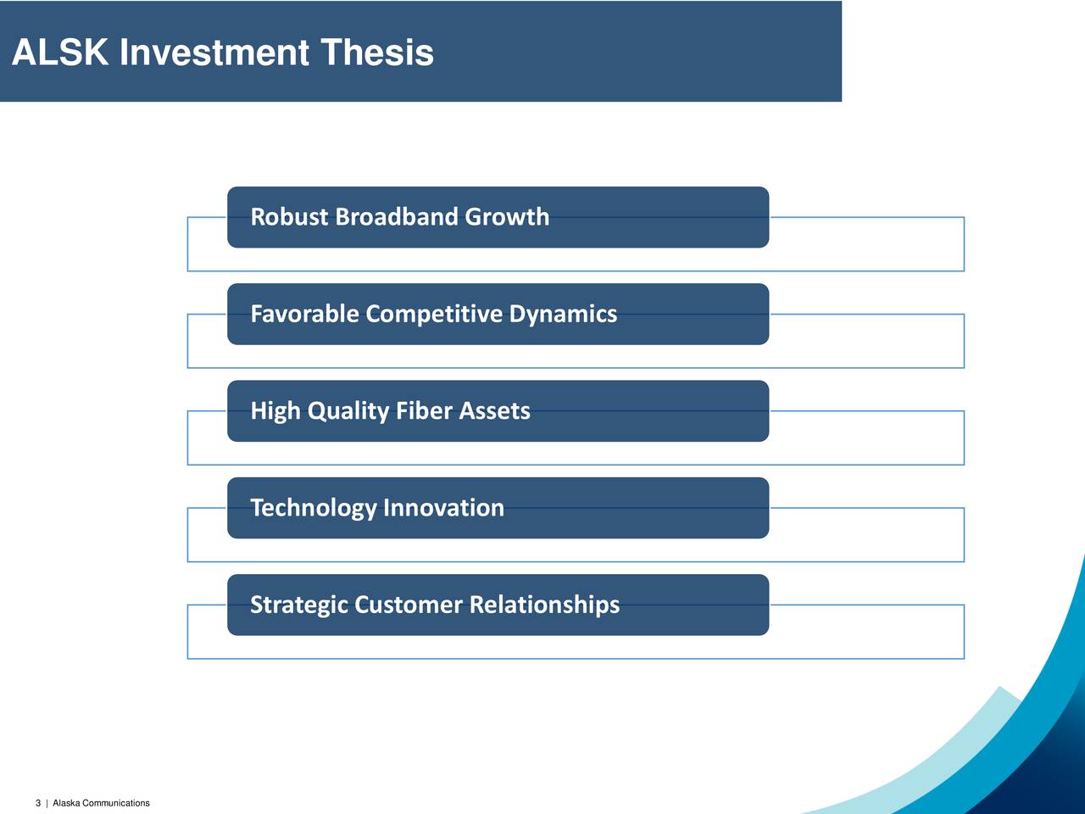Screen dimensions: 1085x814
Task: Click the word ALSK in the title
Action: (x=60, y=52)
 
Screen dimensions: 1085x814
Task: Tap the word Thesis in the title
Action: (x=377, y=52)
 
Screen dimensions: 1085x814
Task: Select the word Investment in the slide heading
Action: (x=214, y=52)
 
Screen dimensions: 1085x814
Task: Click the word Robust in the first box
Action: (x=289, y=216)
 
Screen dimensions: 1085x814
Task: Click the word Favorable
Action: (x=304, y=314)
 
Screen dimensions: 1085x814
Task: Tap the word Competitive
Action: (x=433, y=315)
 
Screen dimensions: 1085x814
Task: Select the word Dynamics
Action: (x=563, y=315)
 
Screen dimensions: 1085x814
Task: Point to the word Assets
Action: (x=494, y=410)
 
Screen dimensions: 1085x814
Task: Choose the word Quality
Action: (x=348, y=411)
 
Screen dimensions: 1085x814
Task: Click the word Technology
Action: (x=314, y=508)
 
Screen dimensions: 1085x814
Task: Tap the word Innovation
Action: (x=444, y=507)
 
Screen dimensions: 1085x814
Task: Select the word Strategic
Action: (x=298, y=605)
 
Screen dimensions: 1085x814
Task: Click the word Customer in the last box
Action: (x=408, y=604)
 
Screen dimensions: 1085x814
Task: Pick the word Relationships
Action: (x=544, y=605)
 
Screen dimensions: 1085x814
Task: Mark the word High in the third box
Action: (x=275, y=411)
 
